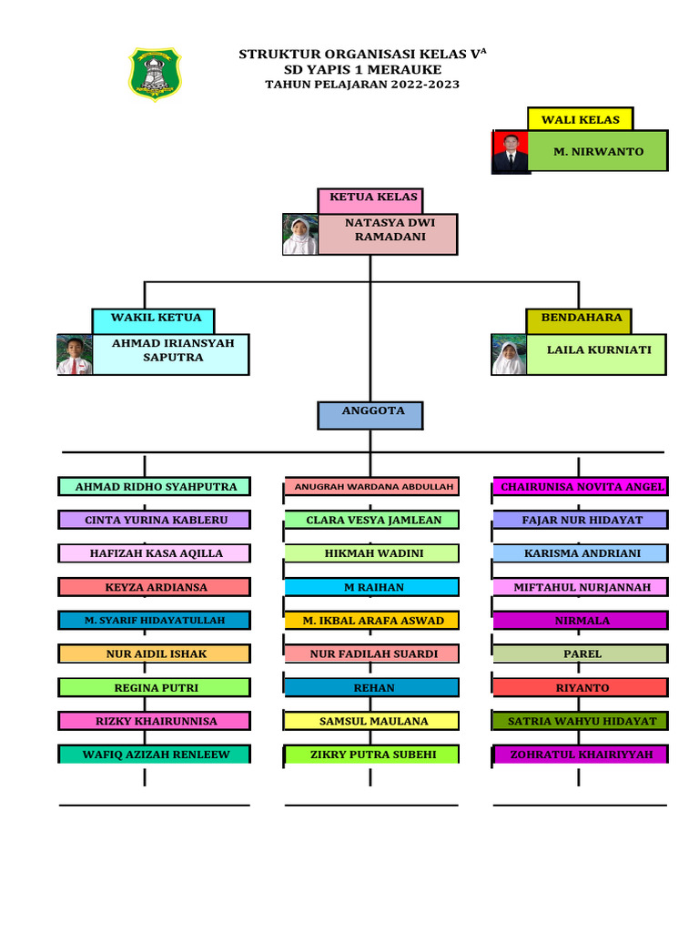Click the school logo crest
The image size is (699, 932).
[155, 74]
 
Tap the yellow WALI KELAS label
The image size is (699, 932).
[580, 119]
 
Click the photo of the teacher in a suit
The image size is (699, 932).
[511, 152]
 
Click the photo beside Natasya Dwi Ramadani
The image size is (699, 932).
[299, 235]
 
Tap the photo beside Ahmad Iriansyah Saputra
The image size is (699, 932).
[75, 355]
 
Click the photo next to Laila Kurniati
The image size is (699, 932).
[509, 355]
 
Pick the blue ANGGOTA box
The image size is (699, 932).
[371, 414]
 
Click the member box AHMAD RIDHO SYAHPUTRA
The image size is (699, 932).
[156, 487]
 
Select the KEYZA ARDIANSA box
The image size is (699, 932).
[156, 587]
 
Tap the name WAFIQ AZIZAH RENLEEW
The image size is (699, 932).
[156, 755]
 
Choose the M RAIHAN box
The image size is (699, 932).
[371, 587]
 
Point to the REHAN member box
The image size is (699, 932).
[371, 687]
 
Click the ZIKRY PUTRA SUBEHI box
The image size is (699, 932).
[371, 755]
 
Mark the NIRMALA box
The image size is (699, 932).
[582, 621]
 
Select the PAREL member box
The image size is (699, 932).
[582, 653]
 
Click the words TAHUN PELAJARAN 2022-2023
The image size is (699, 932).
[362, 85]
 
